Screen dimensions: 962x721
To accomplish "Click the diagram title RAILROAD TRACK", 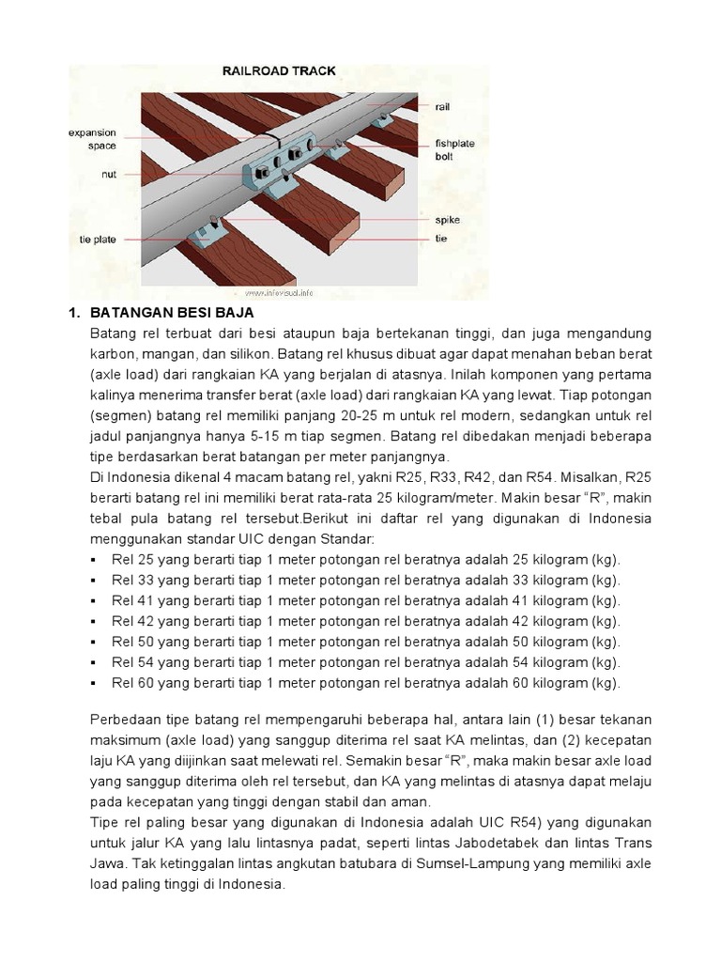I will click(x=278, y=70).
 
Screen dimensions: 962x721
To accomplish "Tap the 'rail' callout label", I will click(x=442, y=107).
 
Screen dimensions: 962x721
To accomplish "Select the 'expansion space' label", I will click(x=92, y=140).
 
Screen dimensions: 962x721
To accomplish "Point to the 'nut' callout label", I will click(x=109, y=175).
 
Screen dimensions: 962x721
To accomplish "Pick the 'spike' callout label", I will click(x=447, y=219).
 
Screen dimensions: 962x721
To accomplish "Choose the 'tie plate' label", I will click(x=98, y=240).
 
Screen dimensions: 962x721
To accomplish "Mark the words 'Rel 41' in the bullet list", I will click(x=131, y=600).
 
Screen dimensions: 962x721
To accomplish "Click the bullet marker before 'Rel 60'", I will click(x=96, y=683).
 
